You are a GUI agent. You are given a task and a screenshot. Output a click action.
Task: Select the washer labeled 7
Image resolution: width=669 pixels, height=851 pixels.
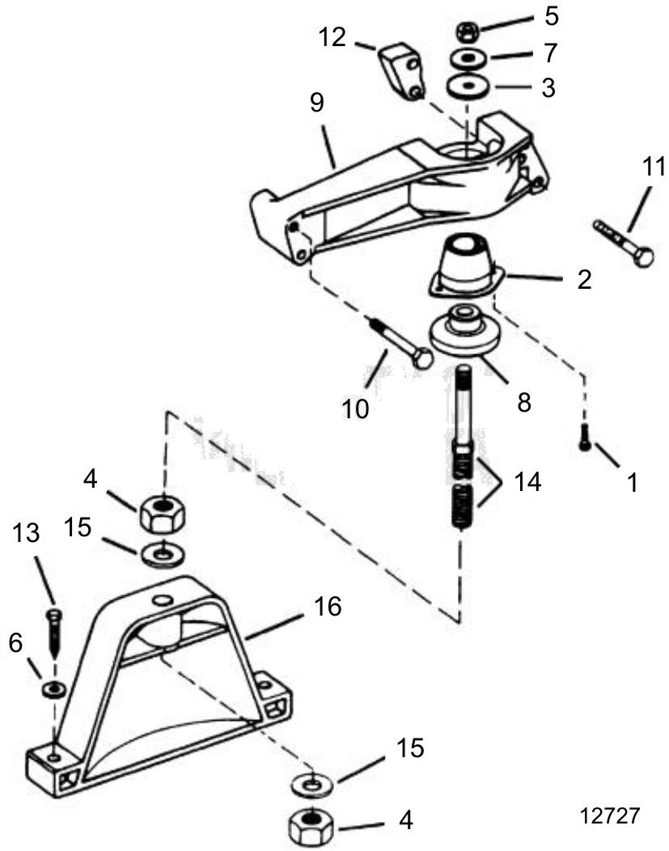click(467, 58)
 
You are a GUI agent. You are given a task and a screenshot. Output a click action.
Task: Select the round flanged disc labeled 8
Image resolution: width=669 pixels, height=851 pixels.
click(464, 333)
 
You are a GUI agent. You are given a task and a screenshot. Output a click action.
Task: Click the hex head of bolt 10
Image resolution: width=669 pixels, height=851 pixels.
click(421, 358)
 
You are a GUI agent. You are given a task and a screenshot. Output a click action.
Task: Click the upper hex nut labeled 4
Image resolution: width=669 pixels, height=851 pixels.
click(163, 512)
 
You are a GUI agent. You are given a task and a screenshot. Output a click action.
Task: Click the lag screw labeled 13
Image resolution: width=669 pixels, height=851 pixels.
click(55, 633)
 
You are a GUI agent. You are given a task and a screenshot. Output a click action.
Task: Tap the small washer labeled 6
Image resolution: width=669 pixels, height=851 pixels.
click(54, 689)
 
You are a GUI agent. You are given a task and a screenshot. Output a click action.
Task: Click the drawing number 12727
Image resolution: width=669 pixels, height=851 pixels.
click(610, 815)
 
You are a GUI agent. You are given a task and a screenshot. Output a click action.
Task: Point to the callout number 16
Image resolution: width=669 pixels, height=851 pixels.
click(328, 606)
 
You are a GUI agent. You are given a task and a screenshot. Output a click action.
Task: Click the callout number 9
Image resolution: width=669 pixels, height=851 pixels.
click(317, 102)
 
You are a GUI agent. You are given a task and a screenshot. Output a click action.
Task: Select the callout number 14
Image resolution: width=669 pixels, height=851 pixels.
click(527, 481)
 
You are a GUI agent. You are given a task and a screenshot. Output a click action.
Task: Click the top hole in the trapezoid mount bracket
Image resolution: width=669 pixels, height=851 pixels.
click(163, 599)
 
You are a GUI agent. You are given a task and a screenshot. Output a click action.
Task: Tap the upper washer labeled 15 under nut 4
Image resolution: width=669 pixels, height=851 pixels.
click(163, 554)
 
